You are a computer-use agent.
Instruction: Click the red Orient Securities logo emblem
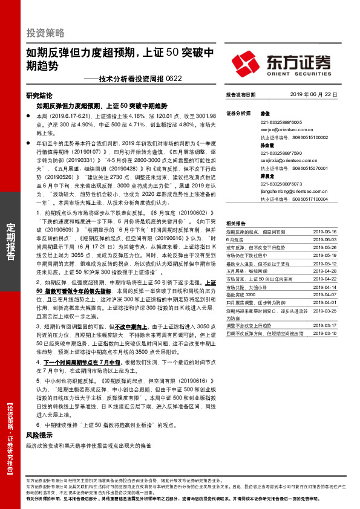247,62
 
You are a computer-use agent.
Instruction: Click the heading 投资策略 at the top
45,33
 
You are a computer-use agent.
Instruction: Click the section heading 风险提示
40,435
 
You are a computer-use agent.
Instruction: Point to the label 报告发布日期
240,95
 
